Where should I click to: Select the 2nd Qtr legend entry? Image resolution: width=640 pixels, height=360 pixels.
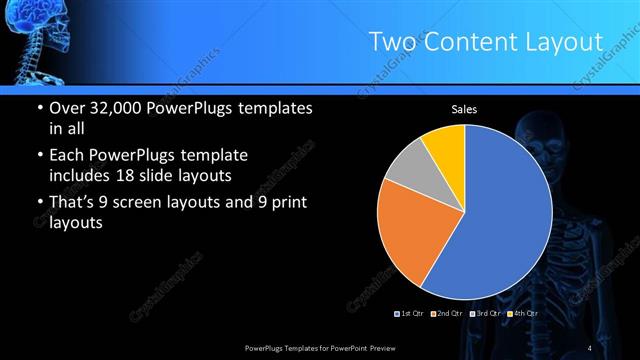point(448,314)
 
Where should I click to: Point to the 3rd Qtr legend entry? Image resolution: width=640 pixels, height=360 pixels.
point(486,314)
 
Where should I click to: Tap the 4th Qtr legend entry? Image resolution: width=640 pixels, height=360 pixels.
point(522,314)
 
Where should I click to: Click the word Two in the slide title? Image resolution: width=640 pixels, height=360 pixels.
point(390,42)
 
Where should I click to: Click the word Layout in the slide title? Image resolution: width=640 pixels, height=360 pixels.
point(566,42)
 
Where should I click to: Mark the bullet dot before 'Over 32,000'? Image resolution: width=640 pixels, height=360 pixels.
point(38,109)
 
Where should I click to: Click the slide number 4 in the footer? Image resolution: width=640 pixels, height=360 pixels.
point(590,347)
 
